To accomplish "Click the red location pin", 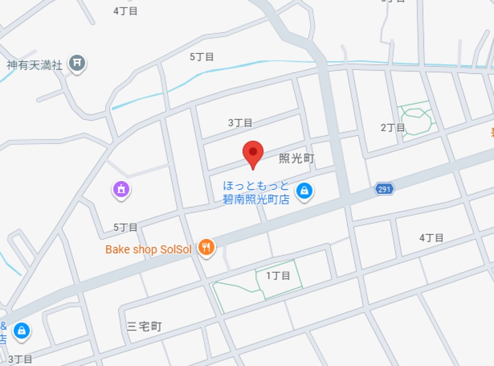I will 253,153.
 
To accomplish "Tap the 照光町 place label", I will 296,158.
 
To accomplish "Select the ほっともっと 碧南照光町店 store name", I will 256,192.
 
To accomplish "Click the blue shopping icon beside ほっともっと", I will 305,191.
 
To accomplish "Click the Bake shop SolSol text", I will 148,249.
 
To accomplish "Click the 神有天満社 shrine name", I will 35,65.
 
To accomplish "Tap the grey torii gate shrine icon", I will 77,63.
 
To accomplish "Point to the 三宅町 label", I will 144,326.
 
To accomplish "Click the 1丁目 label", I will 278,275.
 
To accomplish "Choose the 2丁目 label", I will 393,128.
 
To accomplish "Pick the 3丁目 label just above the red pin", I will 240,123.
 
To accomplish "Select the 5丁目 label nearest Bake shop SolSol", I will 125,228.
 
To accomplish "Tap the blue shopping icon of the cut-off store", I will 22,330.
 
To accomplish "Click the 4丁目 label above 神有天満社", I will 125,11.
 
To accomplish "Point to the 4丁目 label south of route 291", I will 431,238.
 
